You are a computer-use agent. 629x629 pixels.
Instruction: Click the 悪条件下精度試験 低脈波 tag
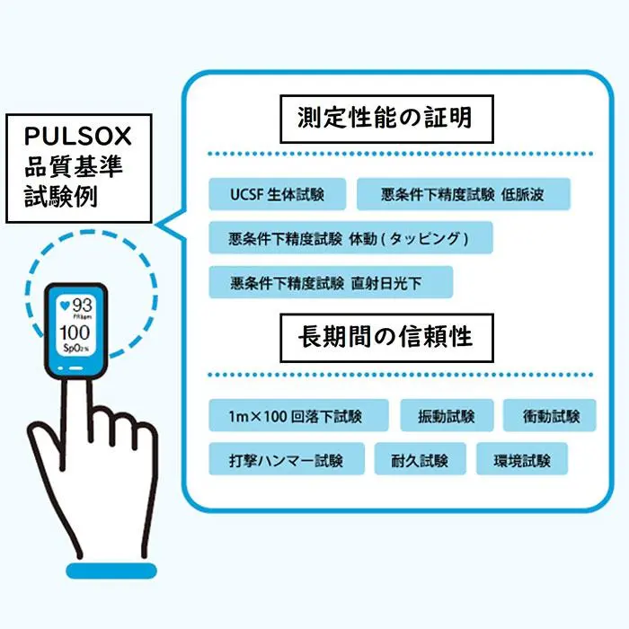[463, 194]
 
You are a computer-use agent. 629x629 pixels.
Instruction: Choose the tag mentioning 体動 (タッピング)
[350, 238]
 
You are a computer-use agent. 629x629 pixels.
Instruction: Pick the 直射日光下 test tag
[330, 283]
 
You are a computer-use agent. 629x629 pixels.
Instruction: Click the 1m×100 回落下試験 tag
[297, 416]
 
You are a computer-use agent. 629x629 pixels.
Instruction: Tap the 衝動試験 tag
[548, 416]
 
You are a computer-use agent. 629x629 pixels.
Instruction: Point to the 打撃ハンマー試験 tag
[287, 460]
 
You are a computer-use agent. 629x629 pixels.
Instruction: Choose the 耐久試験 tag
[421, 460]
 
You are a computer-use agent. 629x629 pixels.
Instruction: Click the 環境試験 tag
[521, 460]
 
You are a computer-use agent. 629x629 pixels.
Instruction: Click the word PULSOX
[79, 137]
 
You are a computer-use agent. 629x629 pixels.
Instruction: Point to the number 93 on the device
[82, 305]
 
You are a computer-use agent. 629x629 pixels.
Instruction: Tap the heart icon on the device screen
[63, 305]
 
